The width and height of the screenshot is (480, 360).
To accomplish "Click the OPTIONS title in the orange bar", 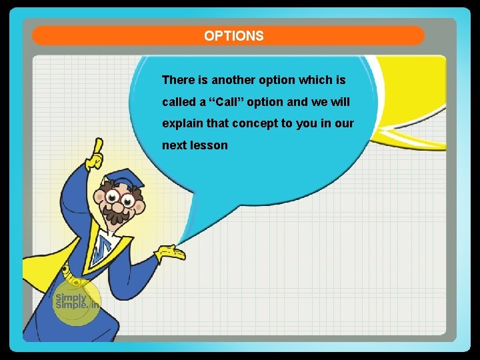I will (x=234, y=36).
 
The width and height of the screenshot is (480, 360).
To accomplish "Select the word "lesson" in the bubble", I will (x=209, y=145).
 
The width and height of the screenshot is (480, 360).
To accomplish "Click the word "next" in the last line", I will (x=175, y=145).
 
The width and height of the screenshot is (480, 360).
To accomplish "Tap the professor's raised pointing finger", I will (x=98, y=148).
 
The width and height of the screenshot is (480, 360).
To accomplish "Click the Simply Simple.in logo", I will (x=76, y=302).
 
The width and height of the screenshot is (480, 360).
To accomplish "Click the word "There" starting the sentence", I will (x=178, y=80).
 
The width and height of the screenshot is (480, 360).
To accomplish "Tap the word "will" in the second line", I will (x=339, y=102).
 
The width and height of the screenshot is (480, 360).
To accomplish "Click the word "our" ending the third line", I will (x=345, y=124).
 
